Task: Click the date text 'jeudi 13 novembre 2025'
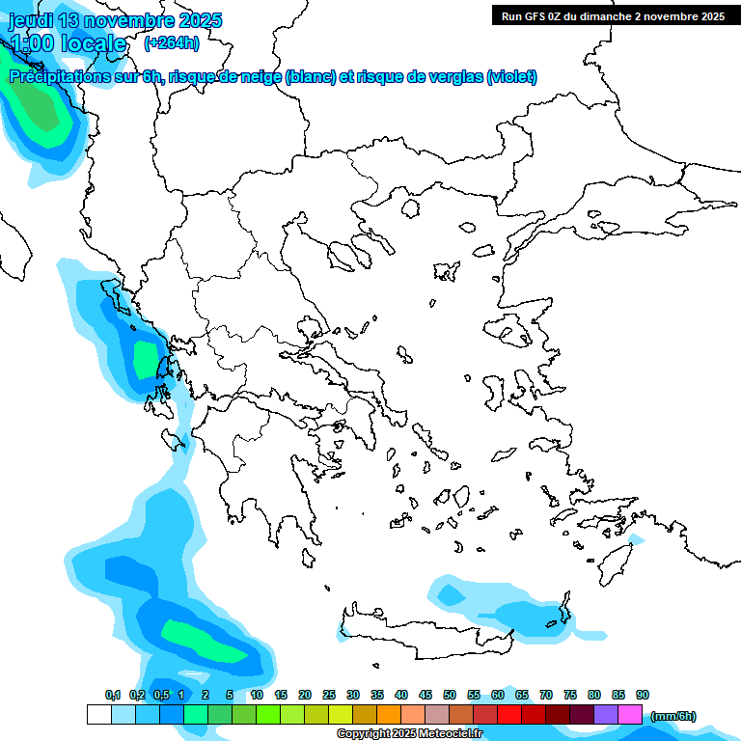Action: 115,20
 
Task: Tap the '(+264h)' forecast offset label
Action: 172,42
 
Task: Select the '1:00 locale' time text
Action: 68,43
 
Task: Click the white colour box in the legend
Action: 98,714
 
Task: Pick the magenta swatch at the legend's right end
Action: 630,714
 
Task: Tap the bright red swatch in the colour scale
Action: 509,714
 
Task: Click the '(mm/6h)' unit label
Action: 672,716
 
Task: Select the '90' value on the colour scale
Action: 643,695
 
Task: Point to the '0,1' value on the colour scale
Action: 112,695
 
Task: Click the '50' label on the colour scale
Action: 450,695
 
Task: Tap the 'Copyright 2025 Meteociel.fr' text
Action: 409,733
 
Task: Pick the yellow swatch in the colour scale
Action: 341,714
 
